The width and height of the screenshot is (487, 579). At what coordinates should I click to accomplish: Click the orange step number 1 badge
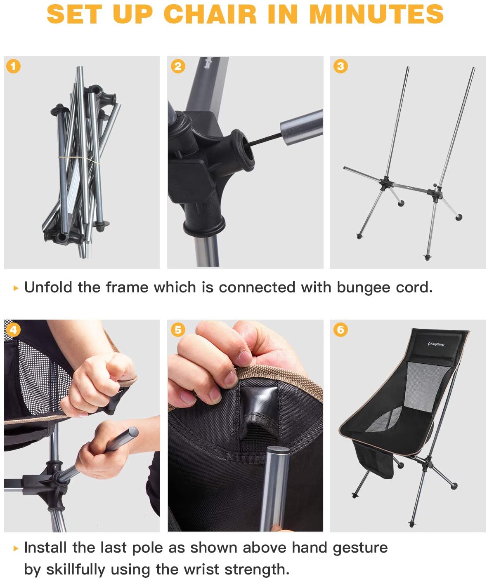click(x=13, y=66)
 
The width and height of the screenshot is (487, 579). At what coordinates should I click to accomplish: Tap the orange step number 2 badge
click(x=178, y=66)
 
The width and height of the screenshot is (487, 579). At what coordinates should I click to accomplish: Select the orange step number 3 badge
click(x=340, y=66)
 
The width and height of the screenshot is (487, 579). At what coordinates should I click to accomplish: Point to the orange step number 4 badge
click(x=13, y=330)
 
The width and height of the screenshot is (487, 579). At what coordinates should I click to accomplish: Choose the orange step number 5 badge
click(x=178, y=330)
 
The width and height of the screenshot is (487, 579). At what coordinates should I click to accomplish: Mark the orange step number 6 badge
click(x=340, y=330)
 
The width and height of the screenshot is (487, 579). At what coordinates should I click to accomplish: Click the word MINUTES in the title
click(x=376, y=14)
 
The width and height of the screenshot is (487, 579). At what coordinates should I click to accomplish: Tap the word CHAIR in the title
click(x=210, y=14)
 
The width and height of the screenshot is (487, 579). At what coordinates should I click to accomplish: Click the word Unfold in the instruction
click(x=48, y=287)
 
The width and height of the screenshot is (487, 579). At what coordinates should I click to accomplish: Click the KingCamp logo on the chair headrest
click(x=436, y=344)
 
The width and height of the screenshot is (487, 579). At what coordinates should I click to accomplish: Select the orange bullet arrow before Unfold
click(x=16, y=288)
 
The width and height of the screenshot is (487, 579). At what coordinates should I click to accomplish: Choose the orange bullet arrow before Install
click(x=16, y=548)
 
